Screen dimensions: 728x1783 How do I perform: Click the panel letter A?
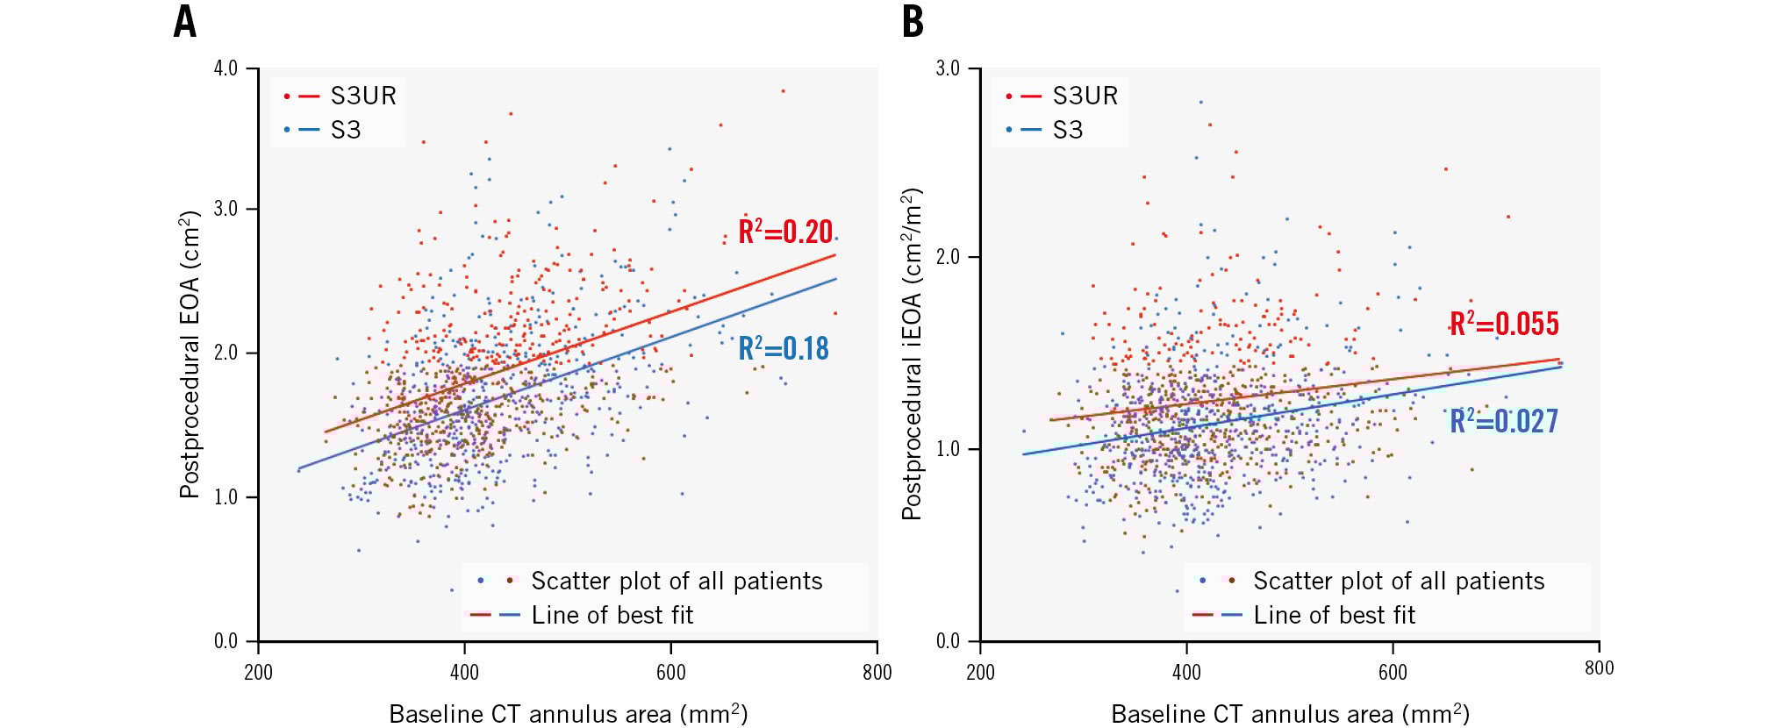pyautogui.click(x=184, y=21)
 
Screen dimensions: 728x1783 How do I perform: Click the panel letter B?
pyautogui.click(x=913, y=21)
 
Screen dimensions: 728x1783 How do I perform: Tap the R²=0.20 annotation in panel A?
pyautogui.click(x=785, y=232)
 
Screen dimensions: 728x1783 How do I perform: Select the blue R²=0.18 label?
pyautogui.click(x=784, y=349)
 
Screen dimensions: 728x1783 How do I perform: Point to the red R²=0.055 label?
pyautogui.click(x=1504, y=324)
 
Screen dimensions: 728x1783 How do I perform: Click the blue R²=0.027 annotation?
pyautogui.click(x=1504, y=421)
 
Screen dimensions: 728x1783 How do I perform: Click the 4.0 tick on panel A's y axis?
pyautogui.click(x=226, y=68)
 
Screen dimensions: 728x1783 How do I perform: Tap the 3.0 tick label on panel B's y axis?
pyautogui.click(x=948, y=68)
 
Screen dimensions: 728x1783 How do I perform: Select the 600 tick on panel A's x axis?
pyautogui.click(x=671, y=673)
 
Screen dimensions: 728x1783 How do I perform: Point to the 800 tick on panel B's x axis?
pyautogui.click(x=1599, y=668)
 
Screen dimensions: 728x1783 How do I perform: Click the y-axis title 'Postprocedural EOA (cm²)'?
pyautogui.click(x=190, y=354)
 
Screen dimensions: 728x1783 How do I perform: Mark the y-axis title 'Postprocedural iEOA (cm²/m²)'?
pyautogui.click(x=912, y=354)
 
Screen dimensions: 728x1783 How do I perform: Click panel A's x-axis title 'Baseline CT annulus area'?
pyautogui.click(x=568, y=714)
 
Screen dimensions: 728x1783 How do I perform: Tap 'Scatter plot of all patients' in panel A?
pyautogui.click(x=677, y=581)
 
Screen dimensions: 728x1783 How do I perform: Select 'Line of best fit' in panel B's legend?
pyautogui.click(x=1334, y=615)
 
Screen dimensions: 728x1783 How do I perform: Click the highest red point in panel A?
pyautogui.click(x=783, y=90)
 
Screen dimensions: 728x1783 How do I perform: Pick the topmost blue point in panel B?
pyautogui.click(x=1201, y=102)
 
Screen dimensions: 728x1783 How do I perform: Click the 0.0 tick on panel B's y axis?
pyautogui.click(x=948, y=641)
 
